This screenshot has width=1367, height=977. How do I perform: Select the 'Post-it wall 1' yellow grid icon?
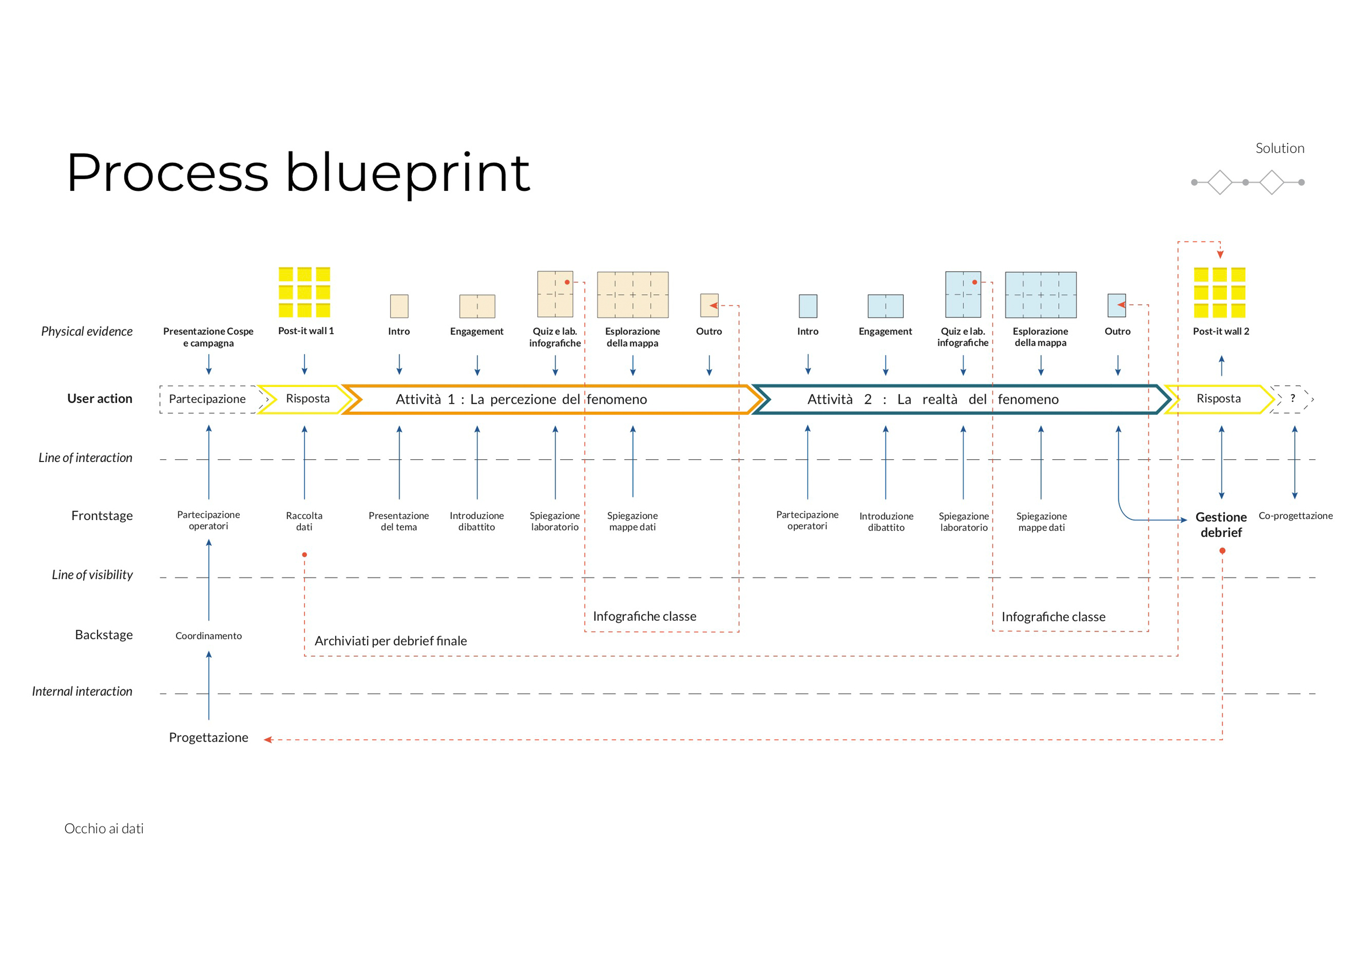(304, 292)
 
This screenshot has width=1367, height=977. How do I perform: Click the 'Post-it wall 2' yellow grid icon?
(1219, 292)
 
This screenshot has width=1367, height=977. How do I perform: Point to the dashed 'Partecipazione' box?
(207, 399)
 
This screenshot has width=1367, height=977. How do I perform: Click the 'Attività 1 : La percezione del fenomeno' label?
(521, 400)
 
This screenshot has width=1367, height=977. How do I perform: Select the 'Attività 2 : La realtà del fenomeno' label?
(932, 400)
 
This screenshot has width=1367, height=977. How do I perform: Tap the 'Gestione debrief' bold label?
(1220, 524)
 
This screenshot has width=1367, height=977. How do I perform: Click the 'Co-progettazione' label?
(1295, 516)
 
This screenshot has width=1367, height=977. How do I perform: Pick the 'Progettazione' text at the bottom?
(208, 738)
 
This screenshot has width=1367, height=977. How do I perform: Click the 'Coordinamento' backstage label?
(208, 636)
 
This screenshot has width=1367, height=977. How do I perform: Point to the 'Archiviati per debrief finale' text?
(390, 641)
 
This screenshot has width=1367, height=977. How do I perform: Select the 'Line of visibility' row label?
(92, 575)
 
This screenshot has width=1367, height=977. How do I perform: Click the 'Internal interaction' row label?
(82, 691)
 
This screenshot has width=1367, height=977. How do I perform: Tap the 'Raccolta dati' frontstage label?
(304, 521)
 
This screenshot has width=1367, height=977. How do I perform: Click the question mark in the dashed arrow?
(1292, 398)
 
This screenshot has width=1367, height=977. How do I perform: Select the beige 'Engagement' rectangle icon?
(477, 306)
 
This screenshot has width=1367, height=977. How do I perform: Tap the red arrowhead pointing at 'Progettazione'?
(268, 739)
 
